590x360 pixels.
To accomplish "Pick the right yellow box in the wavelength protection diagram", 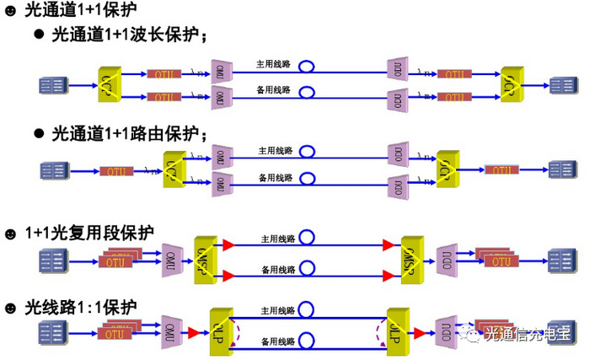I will point(511,85).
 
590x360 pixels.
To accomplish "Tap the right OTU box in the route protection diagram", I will point(501,170).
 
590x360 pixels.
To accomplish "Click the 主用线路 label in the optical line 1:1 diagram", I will point(276,309).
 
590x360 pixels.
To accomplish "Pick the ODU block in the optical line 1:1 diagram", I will point(446,327).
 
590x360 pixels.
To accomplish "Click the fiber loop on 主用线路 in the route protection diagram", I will point(308,152).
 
